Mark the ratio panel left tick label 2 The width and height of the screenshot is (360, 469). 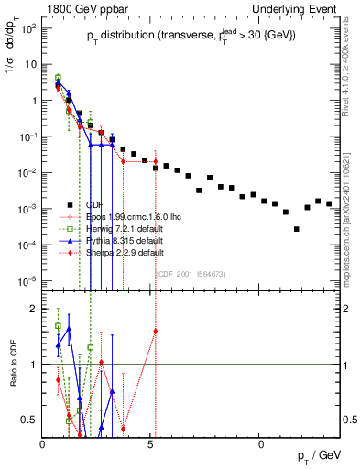click(31, 309)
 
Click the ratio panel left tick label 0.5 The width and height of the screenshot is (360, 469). click(27, 420)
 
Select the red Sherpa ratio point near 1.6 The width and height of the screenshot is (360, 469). click(156, 331)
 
